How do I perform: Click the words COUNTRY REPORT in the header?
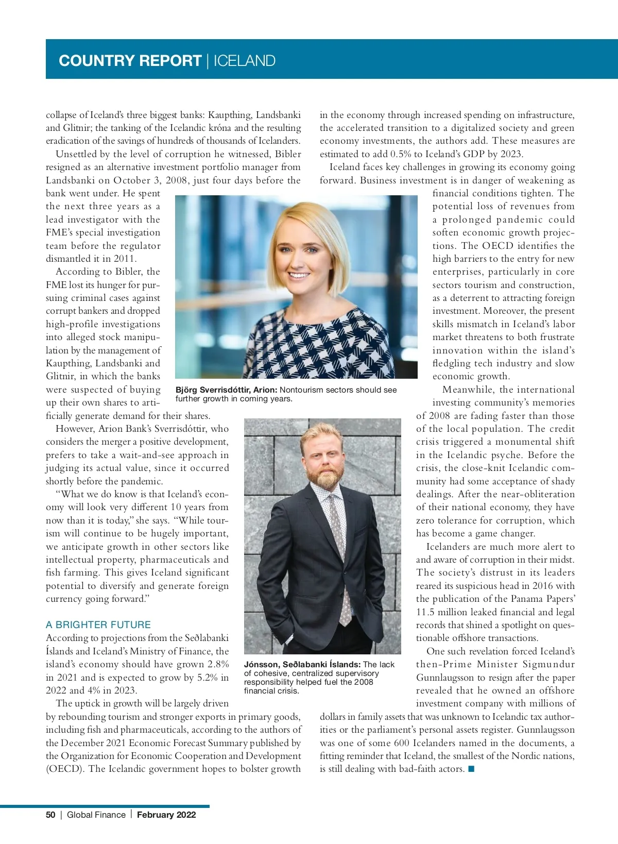coord(130,61)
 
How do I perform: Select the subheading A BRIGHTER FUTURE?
coord(98,624)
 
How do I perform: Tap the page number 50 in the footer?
coord(50,815)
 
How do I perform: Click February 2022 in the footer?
coord(166,815)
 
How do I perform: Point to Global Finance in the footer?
coord(96,815)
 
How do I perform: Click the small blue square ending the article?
coord(471,769)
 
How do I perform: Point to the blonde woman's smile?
coord(300,274)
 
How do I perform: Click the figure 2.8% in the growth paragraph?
coord(218,664)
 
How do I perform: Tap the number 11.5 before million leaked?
coord(426,612)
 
